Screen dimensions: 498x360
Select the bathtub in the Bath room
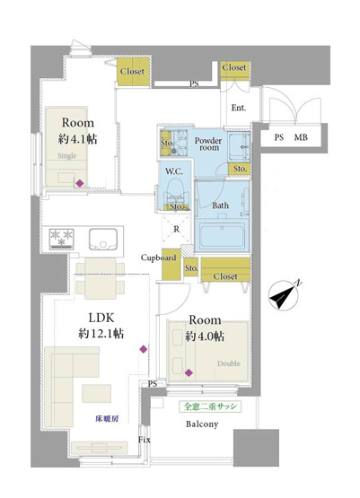[x=224, y=238]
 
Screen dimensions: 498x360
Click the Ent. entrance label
[x=239, y=108]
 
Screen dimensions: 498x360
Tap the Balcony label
[x=202, y=424]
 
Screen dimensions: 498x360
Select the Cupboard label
[x=157, y=258]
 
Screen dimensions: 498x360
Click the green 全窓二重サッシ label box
[x=208, y=406]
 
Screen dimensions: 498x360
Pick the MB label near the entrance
[x=302, y=137]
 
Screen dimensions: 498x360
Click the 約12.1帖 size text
[x=100, y=333]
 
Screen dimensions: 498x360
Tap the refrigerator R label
[x=177, y=229]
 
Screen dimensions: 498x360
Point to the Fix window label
[x=144, y=441]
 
